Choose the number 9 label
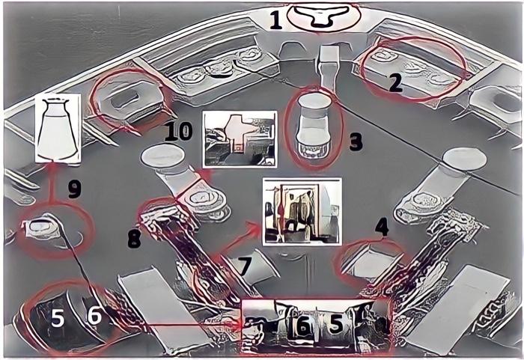pyautogui.click(x=73, y=189)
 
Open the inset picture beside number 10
pyautogui.click(x=237, y=139)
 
